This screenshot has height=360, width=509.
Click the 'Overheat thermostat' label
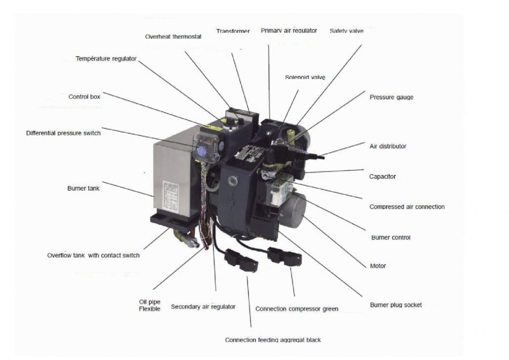coord(173,37)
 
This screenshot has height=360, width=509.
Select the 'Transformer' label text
coord(233,31)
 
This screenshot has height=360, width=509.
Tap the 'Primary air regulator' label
coord(289,31)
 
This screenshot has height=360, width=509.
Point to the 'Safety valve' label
coord(346,31)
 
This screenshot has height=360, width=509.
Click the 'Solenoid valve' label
coord(305,77)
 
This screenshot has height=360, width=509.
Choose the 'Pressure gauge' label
coord(391,97)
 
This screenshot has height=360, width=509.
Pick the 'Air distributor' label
coord(388,146)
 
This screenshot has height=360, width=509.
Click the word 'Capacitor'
coord(382,177)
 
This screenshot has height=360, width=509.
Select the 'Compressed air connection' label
coord(407,207)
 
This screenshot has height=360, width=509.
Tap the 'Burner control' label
coord(390,237)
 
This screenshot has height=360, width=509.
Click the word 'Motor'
coord(378,266)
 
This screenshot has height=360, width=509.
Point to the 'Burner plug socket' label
coord(396,305)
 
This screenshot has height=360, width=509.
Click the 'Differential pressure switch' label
coord(63,133)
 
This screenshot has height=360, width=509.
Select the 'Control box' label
coord(84,97)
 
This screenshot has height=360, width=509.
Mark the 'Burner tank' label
coord(83,188)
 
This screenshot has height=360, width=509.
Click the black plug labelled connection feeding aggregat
coord(241,260)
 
